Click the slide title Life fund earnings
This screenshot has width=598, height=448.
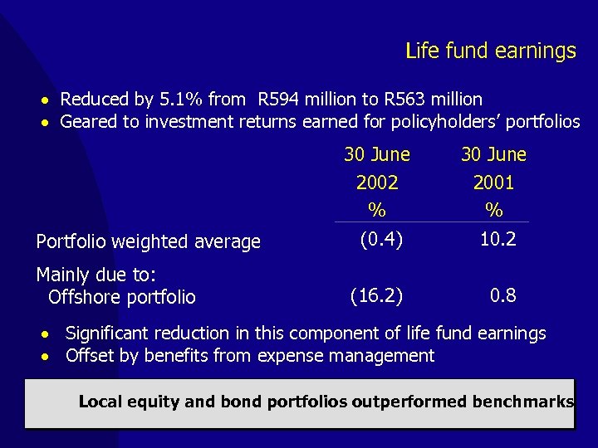[x=490, y=51]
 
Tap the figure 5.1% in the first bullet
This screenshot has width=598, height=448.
[x=182, y=100]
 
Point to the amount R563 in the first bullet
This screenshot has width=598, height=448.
[x=404, y=100]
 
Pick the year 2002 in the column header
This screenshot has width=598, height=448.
[x=377, y=183]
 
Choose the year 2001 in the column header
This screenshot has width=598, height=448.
[x=493, y=183]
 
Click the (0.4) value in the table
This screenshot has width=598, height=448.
[x=381, y=241]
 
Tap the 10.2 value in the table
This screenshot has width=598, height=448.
[x=498, y=241]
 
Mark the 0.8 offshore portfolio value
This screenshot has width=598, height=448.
[x=502, y=295]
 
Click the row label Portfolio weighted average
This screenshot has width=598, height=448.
[x=149, y=242]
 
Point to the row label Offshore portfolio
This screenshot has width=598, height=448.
[x=122, y=297]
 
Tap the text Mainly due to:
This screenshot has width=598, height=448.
[x=97, y=275]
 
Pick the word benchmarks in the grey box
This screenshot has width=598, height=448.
[x=522, y=402]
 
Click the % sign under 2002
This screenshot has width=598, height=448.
[x=377, y=209]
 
